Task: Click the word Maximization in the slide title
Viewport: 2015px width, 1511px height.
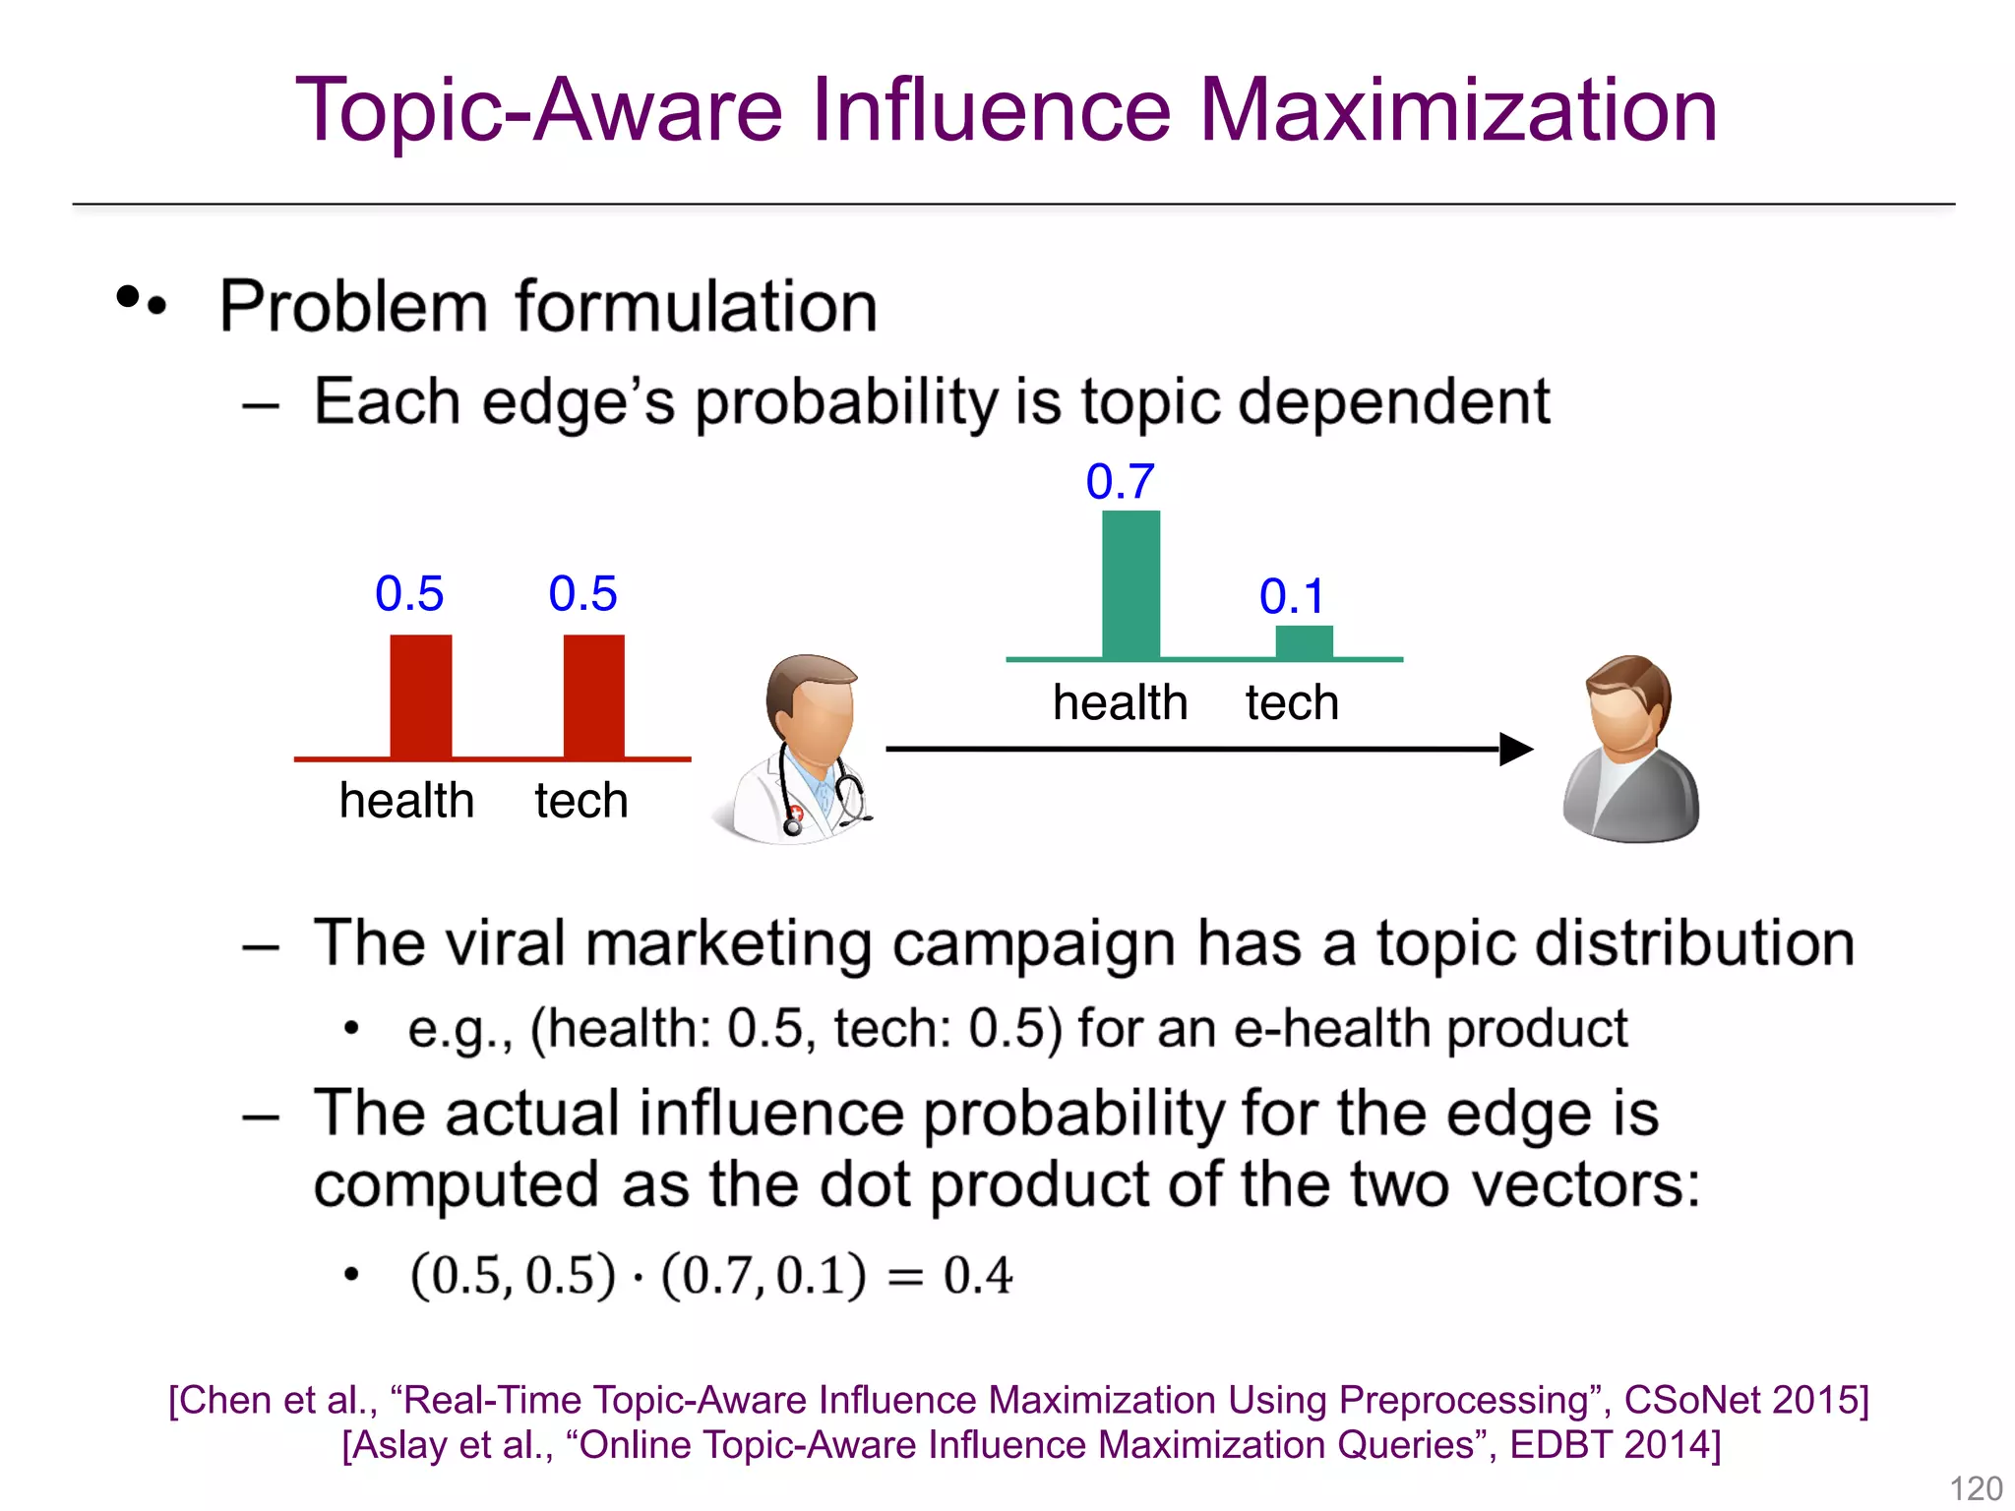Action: pos(1458,110)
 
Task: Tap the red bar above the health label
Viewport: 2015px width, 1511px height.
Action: pos(420,695)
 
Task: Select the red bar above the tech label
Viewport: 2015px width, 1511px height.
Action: pos(593,695)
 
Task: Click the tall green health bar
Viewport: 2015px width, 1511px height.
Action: pos(1130,584)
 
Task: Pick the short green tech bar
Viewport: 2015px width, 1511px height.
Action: pos(1304,641)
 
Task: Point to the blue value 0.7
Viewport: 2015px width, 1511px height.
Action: pos(1120,482)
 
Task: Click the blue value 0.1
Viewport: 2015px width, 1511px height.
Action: pos(1292,597)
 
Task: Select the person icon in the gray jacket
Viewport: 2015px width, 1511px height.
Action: pos(1630,750)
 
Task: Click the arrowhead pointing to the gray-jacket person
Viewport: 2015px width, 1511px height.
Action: pos(1515,750)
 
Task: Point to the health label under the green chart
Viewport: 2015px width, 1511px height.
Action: pos(1120,703)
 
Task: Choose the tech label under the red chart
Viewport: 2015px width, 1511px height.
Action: pos(580,801)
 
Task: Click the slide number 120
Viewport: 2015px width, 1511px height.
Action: pos(1976,1488)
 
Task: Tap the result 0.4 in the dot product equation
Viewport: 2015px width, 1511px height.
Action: pos(977,1276)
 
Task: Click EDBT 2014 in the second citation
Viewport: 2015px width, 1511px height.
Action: pos(1614,1445)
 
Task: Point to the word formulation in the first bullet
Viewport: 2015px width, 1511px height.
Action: pos(696,307)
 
